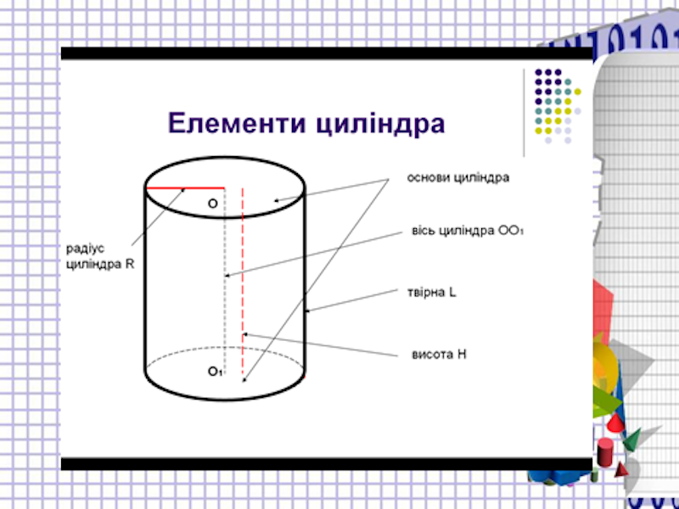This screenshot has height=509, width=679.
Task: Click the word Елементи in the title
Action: tap(238, 123)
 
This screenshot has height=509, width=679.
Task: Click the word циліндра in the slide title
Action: tap(380, 125)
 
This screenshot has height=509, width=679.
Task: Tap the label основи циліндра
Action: tap(458, 178)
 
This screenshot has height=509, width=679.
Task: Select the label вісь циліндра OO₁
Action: tap(468, 231)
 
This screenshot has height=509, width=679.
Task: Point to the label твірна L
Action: tap(432, 293)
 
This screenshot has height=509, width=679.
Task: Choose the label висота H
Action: tap(439, 355)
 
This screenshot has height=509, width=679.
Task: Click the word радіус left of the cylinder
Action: tap(86, 249)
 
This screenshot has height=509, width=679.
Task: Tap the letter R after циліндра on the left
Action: tap(130, 264)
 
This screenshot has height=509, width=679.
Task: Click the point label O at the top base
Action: tap(213, 204)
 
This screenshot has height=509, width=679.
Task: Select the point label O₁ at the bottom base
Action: tap(215, 372)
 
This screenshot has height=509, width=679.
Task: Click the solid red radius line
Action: tap(186, 188)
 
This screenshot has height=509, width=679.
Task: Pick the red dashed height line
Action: tap(243, 284)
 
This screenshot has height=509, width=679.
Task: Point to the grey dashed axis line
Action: tap(225, 281)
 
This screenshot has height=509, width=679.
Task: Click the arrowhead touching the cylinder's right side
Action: tap(306, 310)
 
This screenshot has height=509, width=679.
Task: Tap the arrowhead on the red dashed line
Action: tap(245, 334)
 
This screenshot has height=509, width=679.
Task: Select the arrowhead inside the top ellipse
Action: tap(276, 200)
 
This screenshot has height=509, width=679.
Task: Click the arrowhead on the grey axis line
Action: tap(227, 275)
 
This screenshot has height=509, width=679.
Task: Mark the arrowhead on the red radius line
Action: tap(183, 189)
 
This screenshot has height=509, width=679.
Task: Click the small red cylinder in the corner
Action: tap(605, 451)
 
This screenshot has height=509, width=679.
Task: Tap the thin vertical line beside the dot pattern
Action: tap(524, 113)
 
